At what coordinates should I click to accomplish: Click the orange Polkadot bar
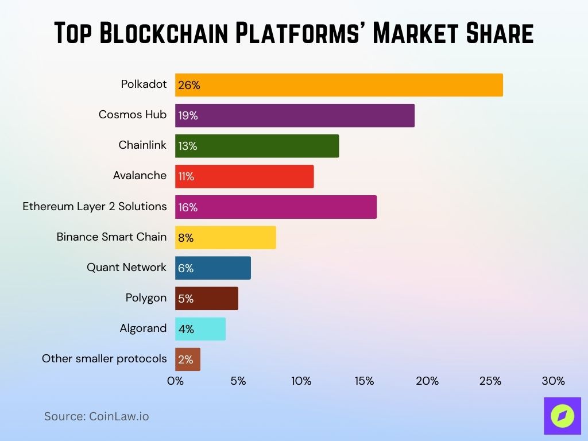tap(339, 85)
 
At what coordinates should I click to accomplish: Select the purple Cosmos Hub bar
tap(295, 115)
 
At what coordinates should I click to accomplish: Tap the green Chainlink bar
tap(257, 146)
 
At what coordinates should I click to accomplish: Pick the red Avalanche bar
tap(244, 176)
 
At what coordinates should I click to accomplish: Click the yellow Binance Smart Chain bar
tap(225, 237)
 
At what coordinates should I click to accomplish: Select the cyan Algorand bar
tap(200, 328)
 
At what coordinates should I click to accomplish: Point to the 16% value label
tap(188, 207)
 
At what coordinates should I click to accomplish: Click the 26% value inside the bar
tap(189, 86)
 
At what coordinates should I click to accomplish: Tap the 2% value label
tap(185, 360)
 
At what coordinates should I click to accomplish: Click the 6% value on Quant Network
tap(185, 268)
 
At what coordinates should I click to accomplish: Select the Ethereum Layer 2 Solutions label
tap(95, 206)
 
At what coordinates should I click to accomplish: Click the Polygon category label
tap(146, 297)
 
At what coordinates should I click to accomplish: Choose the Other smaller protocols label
tap(104, 358)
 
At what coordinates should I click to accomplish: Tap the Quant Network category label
tap(126, 267)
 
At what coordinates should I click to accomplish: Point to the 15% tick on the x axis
tap(364, 381)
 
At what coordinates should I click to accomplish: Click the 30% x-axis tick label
tap(553, 381)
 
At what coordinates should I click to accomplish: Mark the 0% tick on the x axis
tap(175, 381)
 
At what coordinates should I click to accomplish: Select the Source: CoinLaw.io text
tap(96, 416)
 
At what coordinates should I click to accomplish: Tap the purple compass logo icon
tap(562, 416)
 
